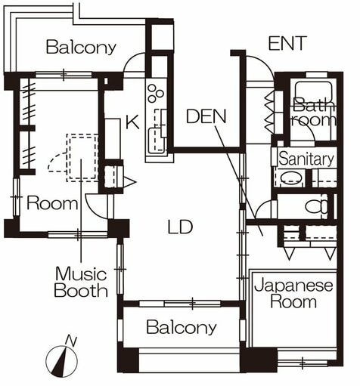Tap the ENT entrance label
coord(287,43)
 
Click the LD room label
coord(180,227)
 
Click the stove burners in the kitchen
coord(155,94)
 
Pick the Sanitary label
coord(306,159)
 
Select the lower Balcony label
coord(182,328)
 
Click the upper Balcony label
coord(82,48)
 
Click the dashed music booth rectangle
coord(81,157)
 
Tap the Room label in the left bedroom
coord(52,203)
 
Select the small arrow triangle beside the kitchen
coord(129,181)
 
